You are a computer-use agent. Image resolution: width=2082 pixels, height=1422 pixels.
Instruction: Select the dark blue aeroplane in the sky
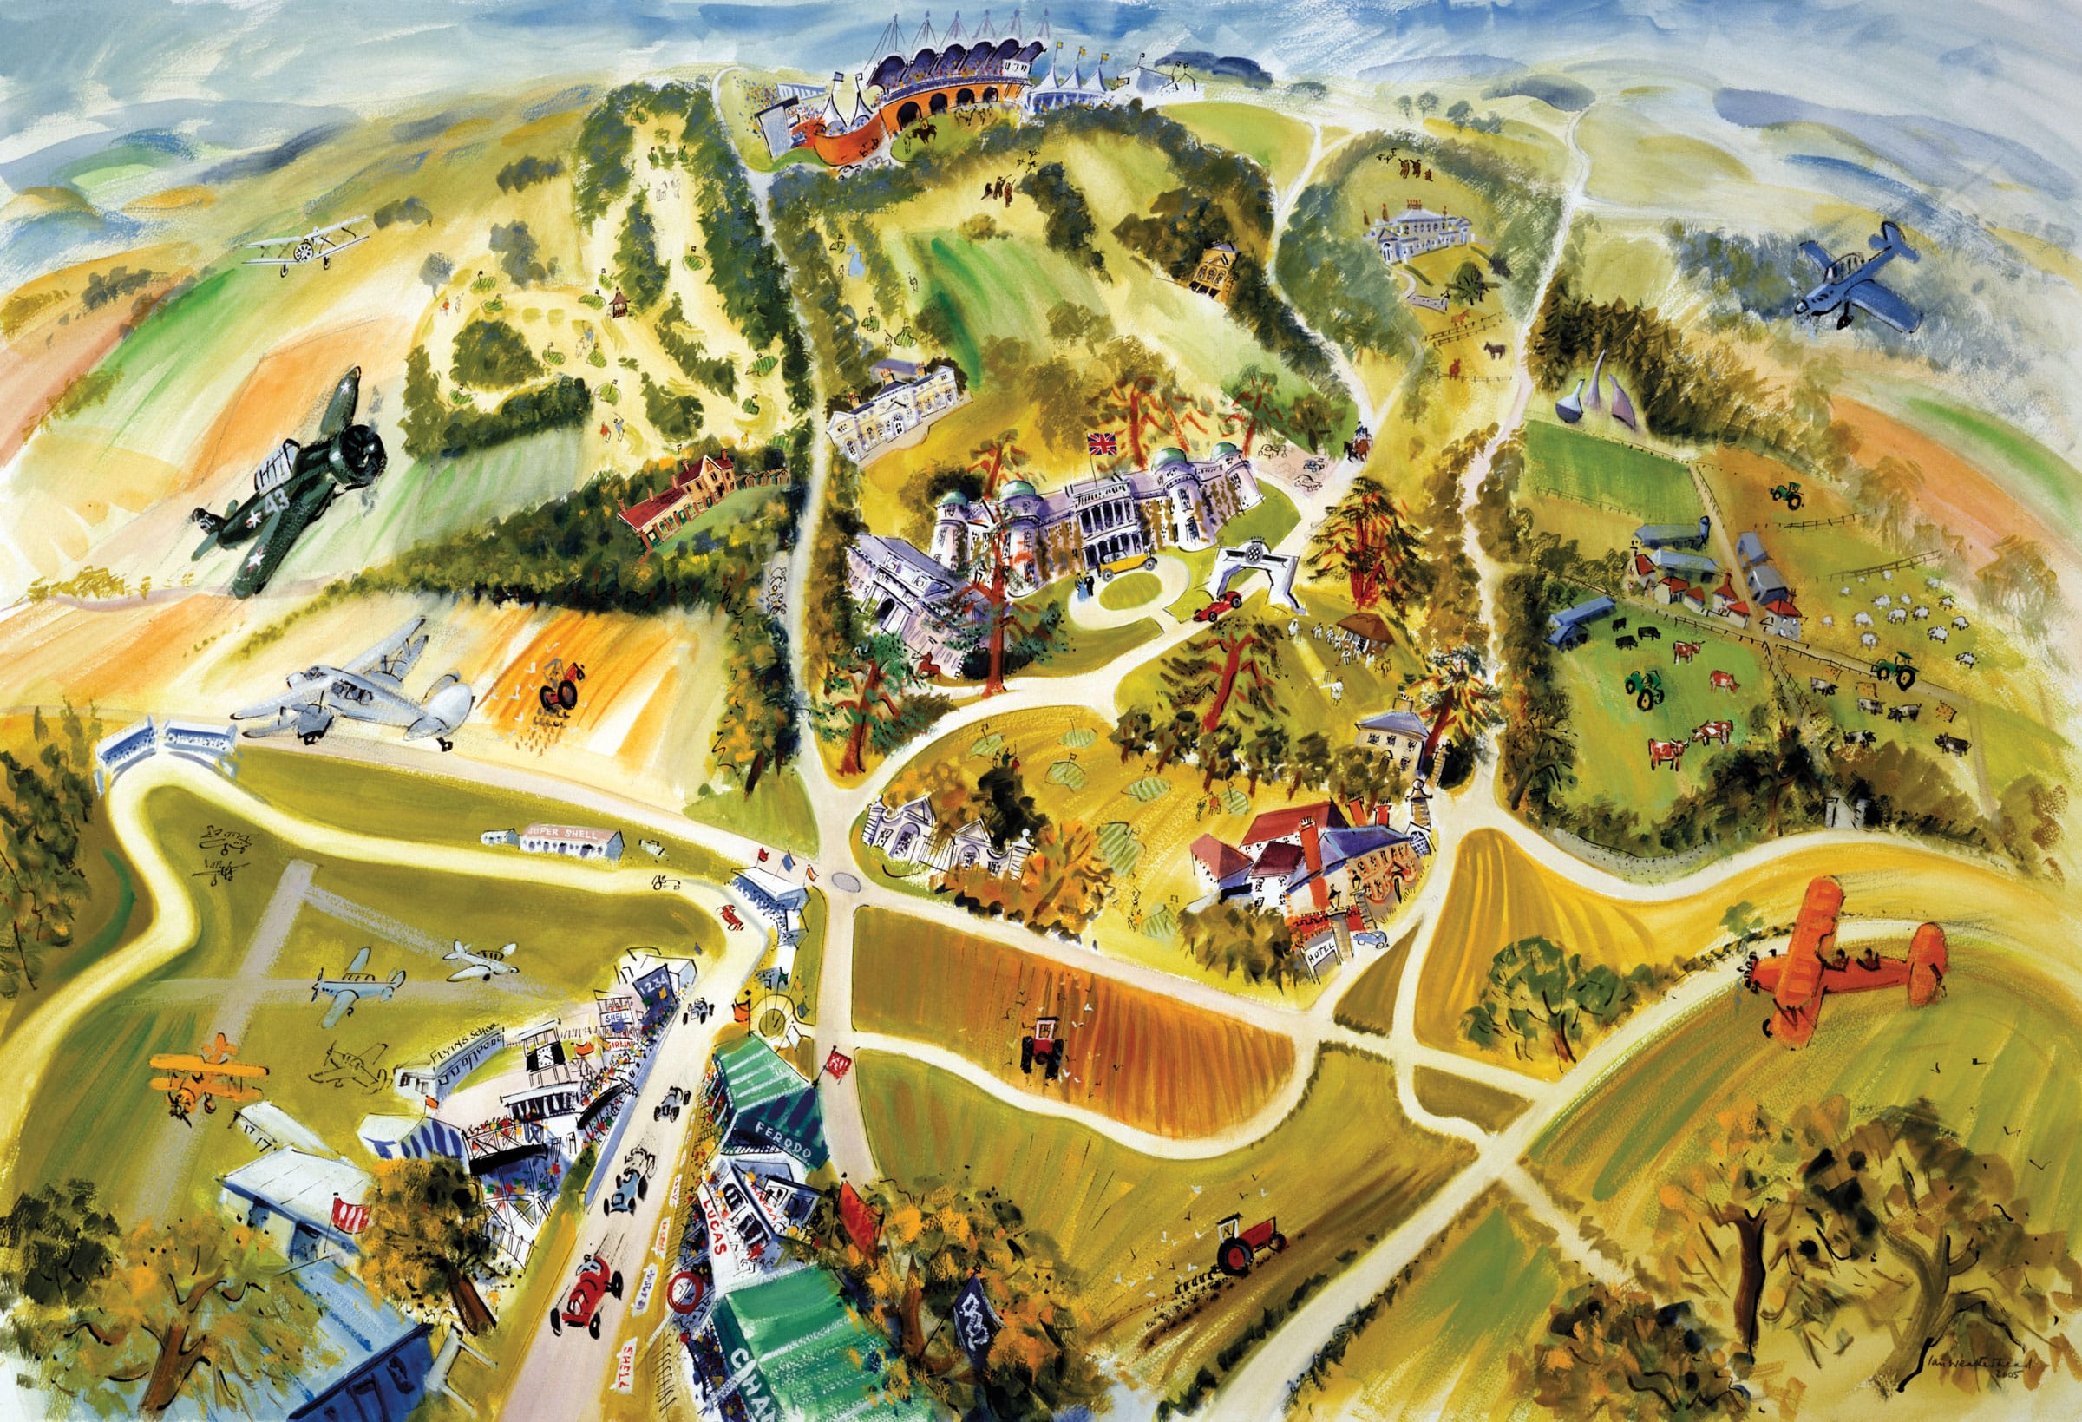[1859, 279]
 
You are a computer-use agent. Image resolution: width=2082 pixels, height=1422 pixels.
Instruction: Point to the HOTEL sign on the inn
[1322, 956]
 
